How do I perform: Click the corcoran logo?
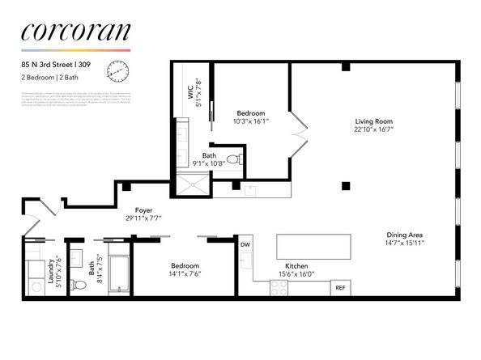75,32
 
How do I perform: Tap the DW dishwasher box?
245,243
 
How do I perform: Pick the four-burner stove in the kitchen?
279,287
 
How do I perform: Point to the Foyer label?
144,210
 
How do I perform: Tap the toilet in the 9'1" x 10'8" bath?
233,159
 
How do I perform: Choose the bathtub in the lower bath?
118,275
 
